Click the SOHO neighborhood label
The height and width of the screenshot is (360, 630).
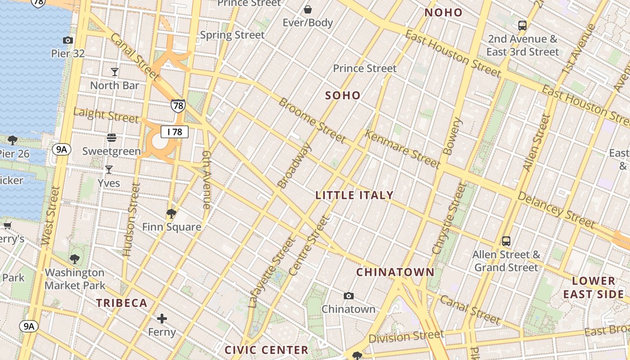343,95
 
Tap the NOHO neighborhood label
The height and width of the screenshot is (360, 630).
444,13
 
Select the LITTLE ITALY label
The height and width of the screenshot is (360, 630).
355,195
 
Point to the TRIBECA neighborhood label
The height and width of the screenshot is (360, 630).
121,303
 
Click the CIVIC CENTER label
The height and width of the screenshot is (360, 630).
266,350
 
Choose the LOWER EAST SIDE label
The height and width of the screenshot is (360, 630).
594,288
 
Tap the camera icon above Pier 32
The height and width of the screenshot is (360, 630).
68,40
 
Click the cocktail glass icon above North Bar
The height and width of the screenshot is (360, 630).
115,72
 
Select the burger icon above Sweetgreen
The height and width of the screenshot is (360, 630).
112,137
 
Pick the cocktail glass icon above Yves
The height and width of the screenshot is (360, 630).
109,170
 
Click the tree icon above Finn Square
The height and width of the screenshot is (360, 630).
171,213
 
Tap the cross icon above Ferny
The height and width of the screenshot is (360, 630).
162,319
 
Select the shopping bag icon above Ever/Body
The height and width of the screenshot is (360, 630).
308,9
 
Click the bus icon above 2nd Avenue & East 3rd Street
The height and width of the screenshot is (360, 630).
522,26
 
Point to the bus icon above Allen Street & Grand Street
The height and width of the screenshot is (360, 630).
506,241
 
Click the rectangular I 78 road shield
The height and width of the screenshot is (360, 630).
175,132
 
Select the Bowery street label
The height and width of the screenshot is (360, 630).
453,136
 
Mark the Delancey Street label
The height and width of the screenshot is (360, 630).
556,210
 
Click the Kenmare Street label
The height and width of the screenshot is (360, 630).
402,149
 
